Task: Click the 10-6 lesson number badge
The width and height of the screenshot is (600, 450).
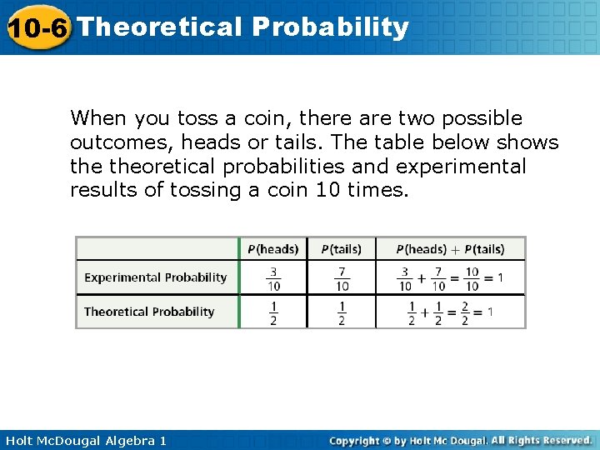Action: point(37,27)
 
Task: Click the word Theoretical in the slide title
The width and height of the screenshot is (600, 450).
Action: point(159,27)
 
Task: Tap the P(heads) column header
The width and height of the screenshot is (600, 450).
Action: point(273,249)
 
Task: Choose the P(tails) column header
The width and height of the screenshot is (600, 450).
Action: point(341,249)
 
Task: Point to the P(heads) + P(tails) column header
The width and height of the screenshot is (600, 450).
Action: point(450,249)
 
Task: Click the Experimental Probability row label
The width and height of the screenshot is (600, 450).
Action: point(155,277)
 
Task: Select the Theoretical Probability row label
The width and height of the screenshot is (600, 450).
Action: point(149,312)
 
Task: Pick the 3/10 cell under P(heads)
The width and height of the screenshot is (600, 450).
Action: point(273,278)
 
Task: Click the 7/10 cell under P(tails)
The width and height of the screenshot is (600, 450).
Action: point(342,278)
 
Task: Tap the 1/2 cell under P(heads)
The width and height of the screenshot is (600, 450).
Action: point(273,312)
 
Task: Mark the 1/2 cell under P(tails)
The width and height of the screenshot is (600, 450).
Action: point(342,312)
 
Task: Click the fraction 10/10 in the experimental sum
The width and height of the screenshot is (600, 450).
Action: point(472,278)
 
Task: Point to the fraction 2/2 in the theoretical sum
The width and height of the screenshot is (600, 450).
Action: point(465,312)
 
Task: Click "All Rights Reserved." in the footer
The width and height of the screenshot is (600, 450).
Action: point(541,440)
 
